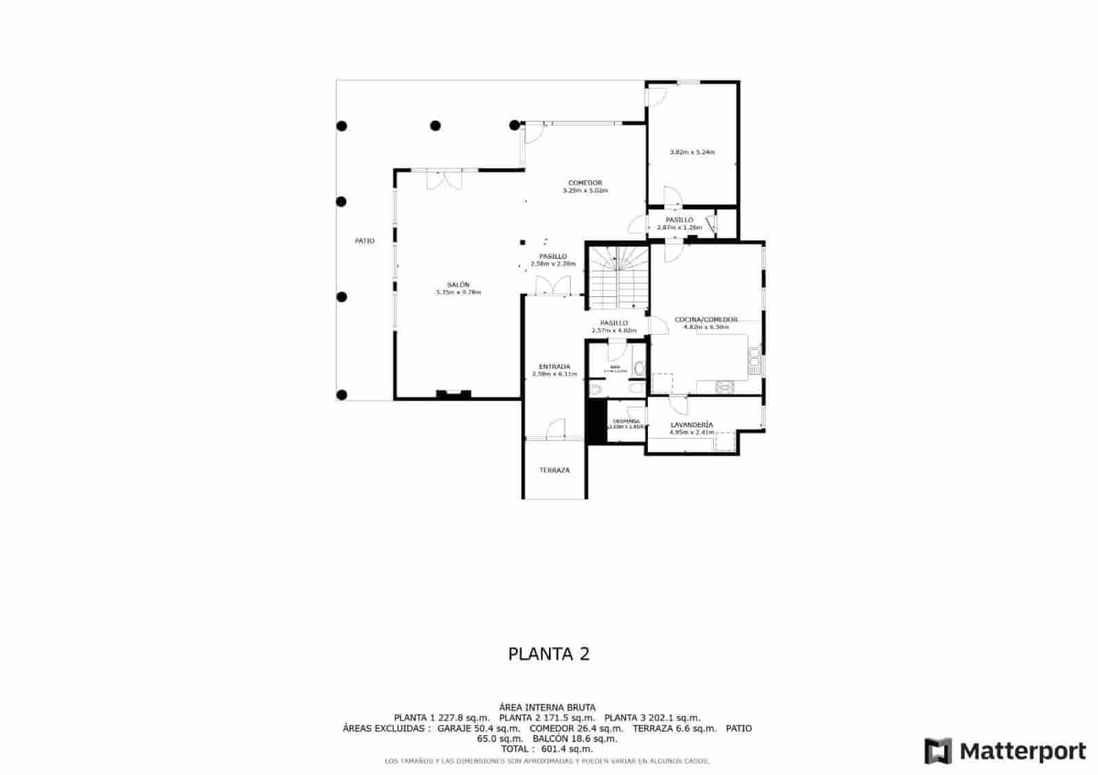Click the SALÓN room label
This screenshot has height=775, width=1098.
tap(458, 285)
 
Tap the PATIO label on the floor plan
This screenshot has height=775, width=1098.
tap(364, 241)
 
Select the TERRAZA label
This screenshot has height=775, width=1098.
tap(554, 470)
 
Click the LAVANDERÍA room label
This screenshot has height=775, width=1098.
tap(691, 425)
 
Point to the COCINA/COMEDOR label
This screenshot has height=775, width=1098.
tap(706, 320)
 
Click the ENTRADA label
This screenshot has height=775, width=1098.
tap(554, 367)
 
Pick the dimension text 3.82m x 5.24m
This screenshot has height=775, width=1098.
tap(692, 152)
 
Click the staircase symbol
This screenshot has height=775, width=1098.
tap(620, 278)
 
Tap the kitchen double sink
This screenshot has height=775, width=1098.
tap(754, 361)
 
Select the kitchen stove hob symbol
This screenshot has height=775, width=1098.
tap(723, 387)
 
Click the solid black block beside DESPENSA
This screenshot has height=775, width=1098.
tap(595, 422)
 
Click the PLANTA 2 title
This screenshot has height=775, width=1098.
tap(548, 654)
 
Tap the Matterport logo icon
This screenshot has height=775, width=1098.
tap(938, 751)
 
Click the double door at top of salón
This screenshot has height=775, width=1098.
tap(444, 179)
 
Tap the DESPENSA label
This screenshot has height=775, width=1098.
tap(626, 421)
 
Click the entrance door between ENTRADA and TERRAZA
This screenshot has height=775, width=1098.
tap(555, 431)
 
